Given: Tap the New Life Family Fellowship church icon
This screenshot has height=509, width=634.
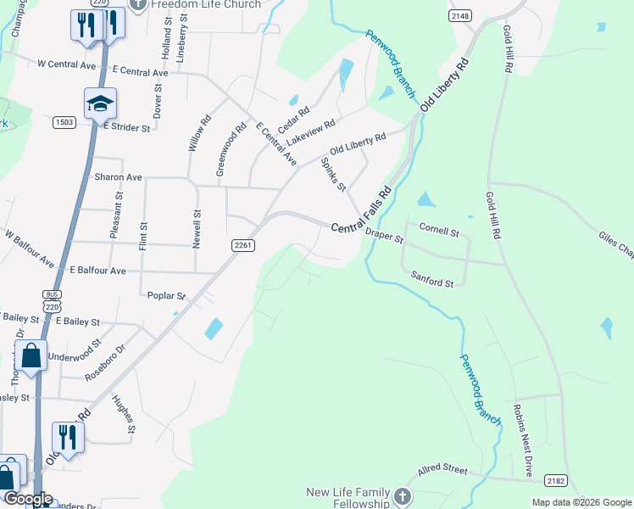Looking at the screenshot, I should coord(403,495).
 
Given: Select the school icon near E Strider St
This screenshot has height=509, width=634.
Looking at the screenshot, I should coord(100,103).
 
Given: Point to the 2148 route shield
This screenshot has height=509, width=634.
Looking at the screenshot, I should coord(459,16).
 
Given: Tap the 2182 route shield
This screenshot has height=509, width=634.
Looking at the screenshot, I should coord(555,480).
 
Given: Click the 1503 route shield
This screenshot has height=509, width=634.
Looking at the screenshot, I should coord(64,122).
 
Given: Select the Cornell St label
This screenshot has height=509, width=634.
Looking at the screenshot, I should coord(439,231).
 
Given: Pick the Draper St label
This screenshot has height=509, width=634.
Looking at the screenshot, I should coord(384,238).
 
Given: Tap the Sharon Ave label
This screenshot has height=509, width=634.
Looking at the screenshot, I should coord(118,177).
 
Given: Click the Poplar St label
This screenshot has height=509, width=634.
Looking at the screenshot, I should coord(166,296).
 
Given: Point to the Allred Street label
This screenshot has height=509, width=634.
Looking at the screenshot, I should coord(442,469).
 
